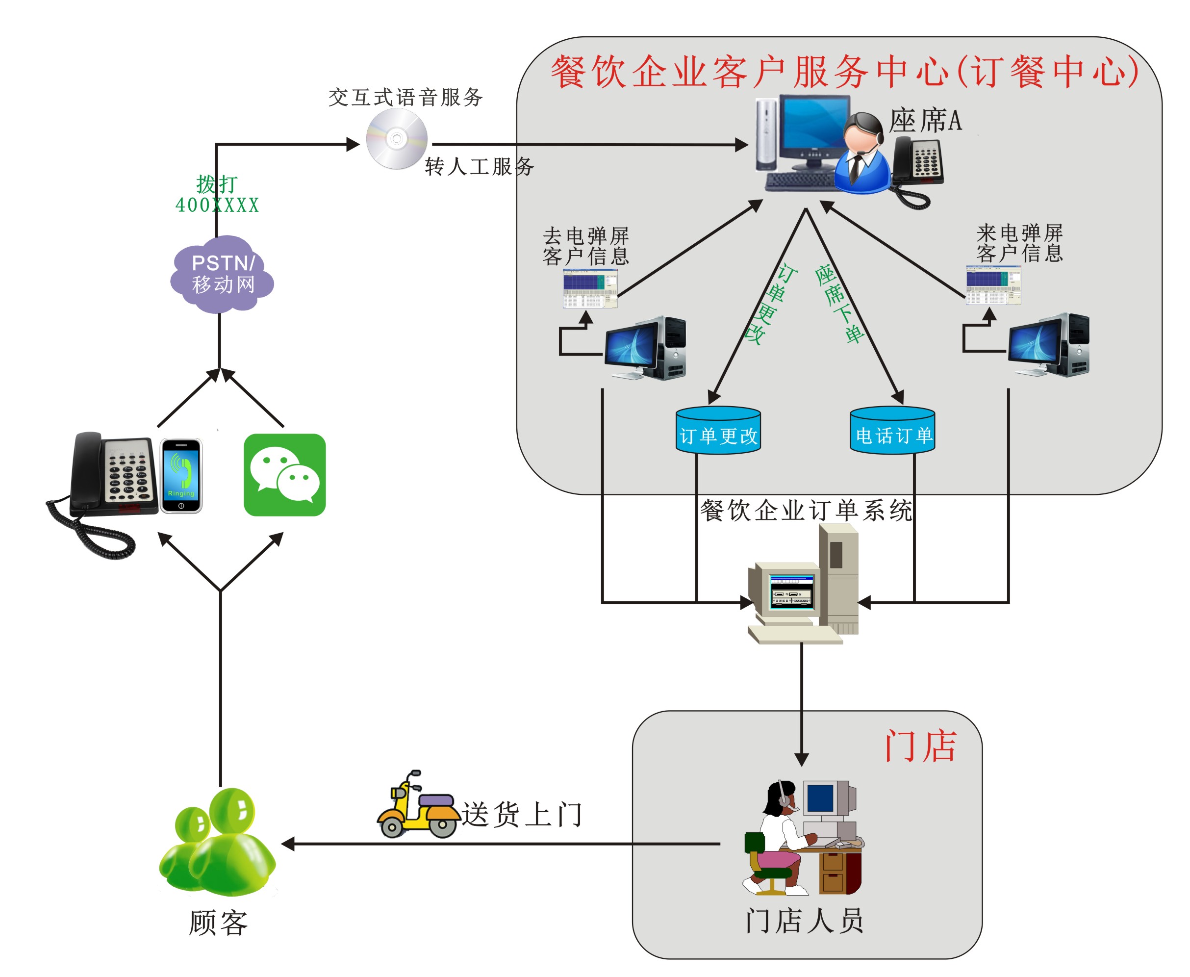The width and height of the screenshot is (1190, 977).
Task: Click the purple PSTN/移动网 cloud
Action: (222, 274)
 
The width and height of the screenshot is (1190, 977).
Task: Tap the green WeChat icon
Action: (285, 474)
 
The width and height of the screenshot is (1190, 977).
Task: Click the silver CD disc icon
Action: (397, 138)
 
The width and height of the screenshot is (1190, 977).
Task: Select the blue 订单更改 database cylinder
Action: (718, 431)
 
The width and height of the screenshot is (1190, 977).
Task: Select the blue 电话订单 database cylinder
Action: (892, 431)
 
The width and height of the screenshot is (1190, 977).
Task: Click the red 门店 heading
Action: (920, 746)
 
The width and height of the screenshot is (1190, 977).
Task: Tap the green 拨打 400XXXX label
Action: (217, 194)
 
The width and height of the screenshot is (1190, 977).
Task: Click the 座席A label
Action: (925, 121)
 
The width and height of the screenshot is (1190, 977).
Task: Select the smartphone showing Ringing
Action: (181, 476)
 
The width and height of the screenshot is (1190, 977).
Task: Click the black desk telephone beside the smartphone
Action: (113, 476)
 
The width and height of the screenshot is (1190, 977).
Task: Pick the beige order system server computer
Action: (805, 585)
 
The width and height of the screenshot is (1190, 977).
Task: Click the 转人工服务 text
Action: (480, 167)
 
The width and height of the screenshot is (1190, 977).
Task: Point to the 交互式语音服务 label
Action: (405, 97)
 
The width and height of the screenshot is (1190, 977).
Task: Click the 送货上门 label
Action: (522, 814)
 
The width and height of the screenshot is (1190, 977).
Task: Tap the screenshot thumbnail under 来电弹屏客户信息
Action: (993, 285)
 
